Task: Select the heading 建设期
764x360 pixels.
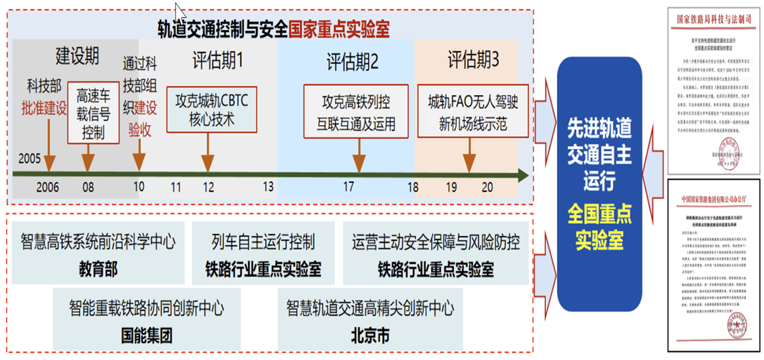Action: click(x=77, y=56)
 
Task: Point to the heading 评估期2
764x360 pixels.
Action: click(x=352, y=63)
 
